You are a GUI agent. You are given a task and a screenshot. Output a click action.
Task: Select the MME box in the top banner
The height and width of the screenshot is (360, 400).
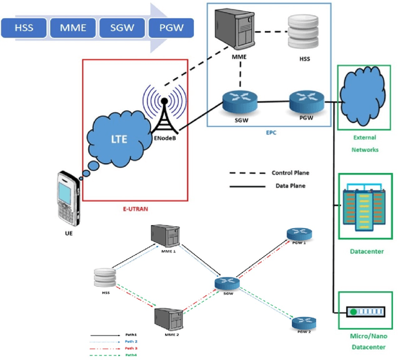coord(72,27)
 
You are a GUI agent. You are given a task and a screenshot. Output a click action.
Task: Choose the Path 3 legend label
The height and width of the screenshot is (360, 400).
coord(130,347)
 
